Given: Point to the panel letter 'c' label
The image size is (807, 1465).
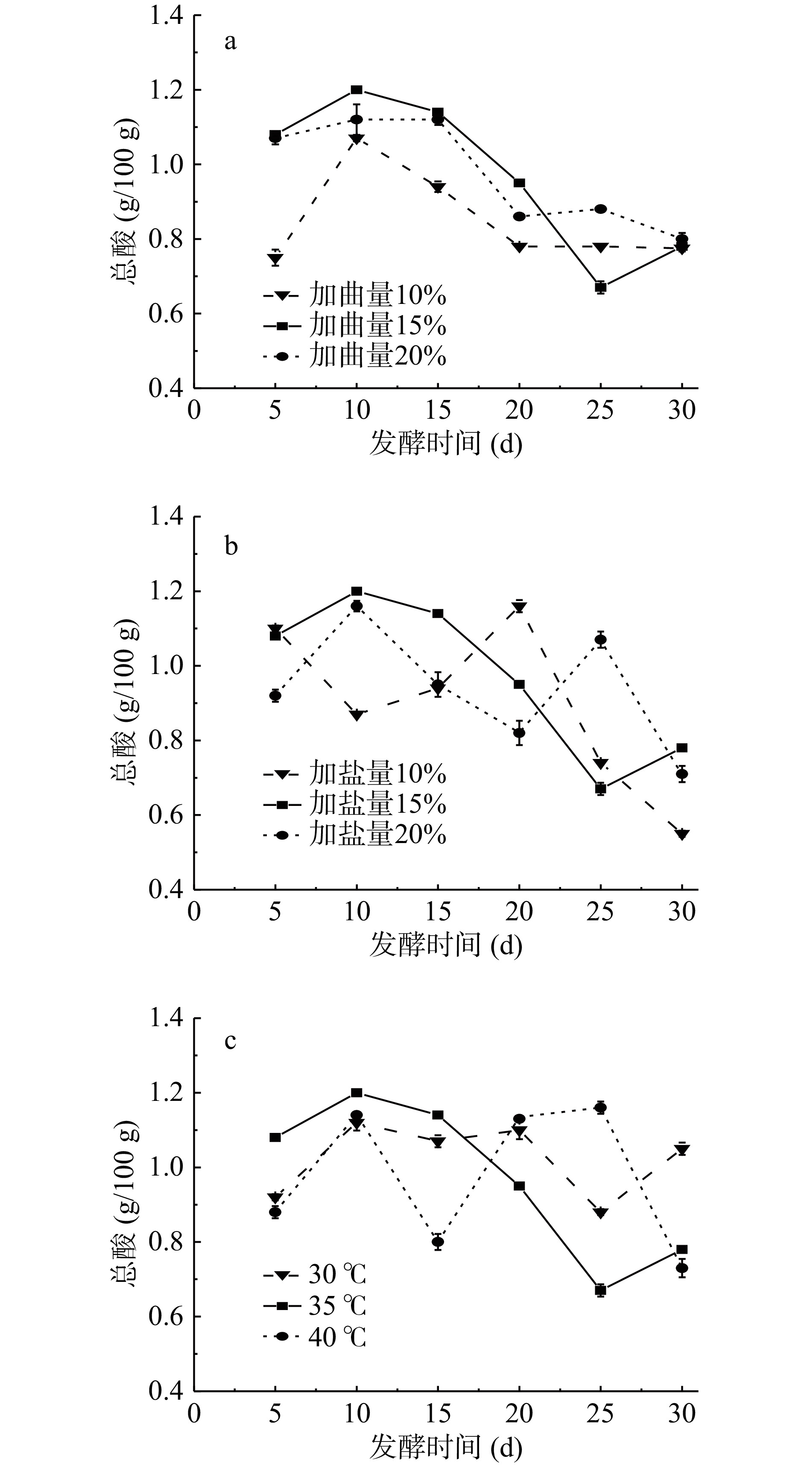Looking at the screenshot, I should (230, 1041).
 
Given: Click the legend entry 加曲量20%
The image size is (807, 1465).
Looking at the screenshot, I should (355, 356).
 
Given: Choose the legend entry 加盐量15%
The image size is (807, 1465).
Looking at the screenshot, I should (355, 804).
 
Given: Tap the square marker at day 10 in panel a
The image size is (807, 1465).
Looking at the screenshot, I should (357, 90).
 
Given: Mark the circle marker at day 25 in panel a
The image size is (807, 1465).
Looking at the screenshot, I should (601, 209).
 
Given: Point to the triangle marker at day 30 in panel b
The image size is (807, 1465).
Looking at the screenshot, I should (682, 834).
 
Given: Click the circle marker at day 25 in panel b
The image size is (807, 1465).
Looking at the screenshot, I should (601, 640).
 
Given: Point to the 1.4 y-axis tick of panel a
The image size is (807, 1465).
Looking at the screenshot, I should (166, 16).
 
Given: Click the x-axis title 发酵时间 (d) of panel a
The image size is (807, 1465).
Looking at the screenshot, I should (445, 444).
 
